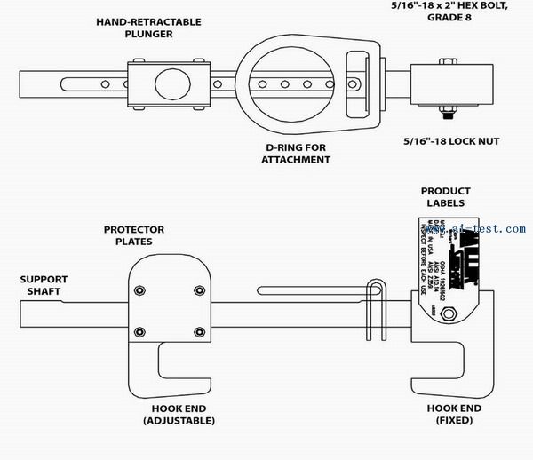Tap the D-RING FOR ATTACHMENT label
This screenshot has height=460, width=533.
[297, 153]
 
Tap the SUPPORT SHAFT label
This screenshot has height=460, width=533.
[44, 284]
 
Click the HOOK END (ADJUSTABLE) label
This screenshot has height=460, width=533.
[182, 414]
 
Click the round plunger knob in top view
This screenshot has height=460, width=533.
[172, 85]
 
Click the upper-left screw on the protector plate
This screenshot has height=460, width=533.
[139, 289]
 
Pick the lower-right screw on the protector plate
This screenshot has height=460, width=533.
[198, 332]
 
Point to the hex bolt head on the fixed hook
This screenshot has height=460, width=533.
[449, 313]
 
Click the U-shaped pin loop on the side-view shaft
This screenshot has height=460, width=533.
[377, 293]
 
